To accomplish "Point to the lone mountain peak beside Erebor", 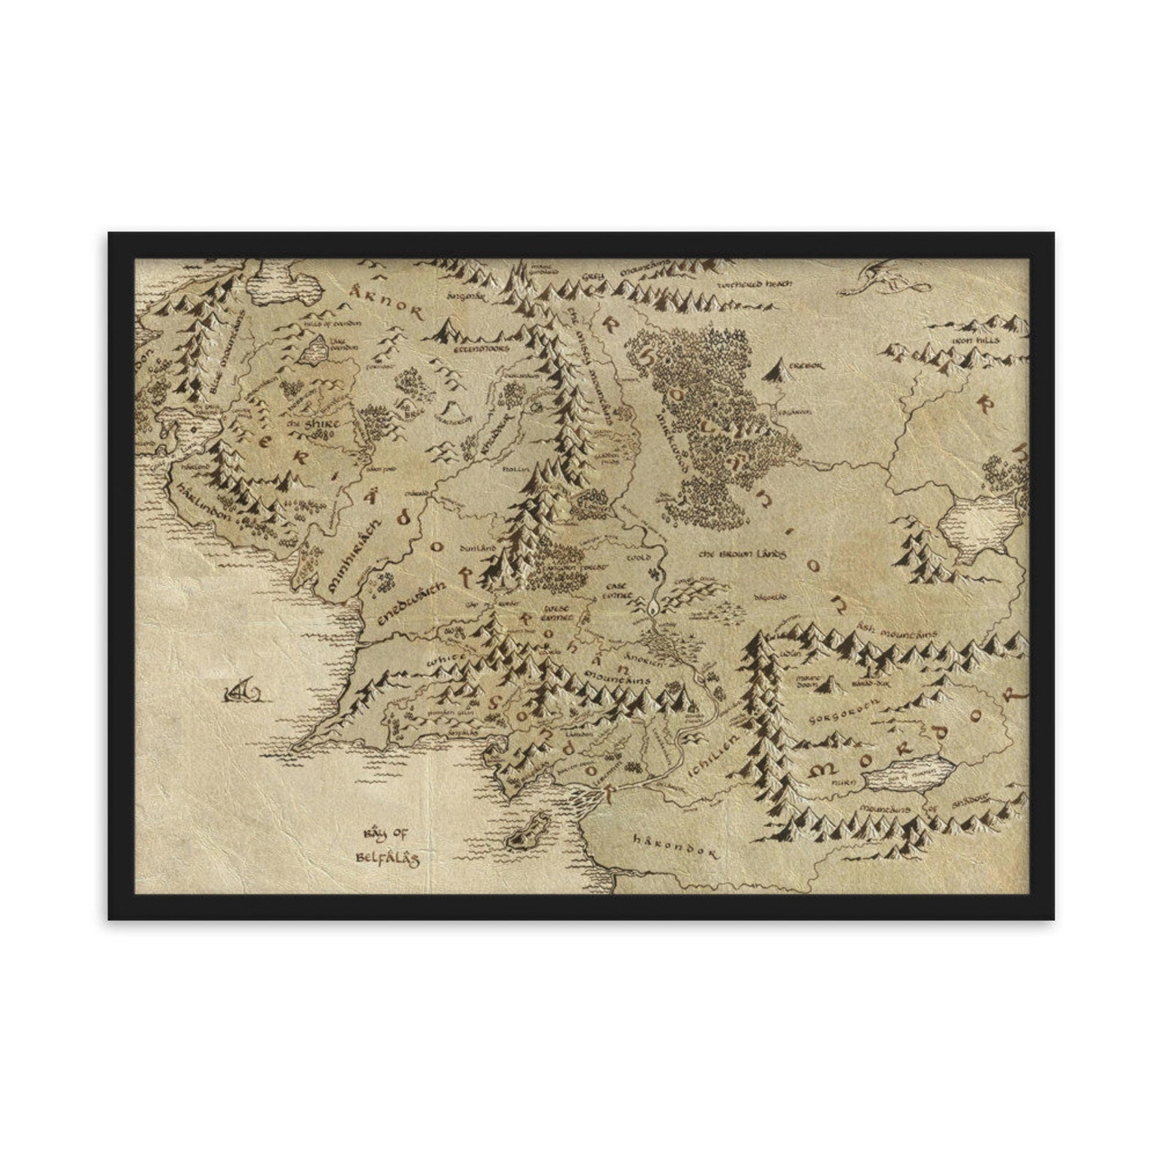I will tap(778, 370).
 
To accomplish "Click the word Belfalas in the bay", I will tap(387, 858).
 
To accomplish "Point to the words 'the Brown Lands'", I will tap(742, 554).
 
